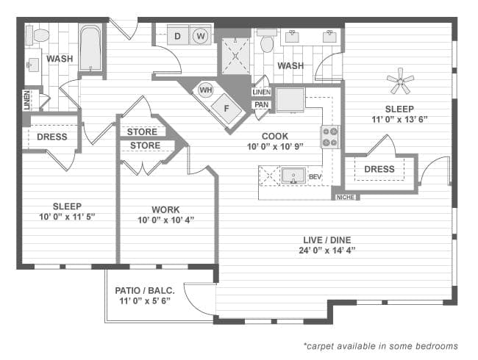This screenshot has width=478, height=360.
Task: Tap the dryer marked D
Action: (x=178, y=35)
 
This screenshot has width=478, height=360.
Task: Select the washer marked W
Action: (x=200, y=35)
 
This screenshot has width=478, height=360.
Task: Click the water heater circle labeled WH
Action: (x=205, y=91)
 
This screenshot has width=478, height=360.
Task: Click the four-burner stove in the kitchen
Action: (x=329, y=136)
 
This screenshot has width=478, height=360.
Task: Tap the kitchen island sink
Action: (x=293, y=176)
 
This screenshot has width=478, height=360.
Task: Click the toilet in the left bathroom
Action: (x=39, y=35)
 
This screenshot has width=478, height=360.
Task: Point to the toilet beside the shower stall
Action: (x=267, y=43)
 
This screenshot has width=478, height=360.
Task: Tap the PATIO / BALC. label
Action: (x=145, y=291)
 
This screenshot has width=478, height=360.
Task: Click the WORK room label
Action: (x=165, y=209)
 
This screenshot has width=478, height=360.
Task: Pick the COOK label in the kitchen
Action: (x=274, y=136)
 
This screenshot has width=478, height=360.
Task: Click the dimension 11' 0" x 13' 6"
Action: (x=399, y=119)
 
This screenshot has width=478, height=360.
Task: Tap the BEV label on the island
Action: (x=315, y=177)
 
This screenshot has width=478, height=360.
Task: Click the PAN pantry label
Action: (x=260, y=105)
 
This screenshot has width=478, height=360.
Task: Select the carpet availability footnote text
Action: (x=380, y=345)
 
